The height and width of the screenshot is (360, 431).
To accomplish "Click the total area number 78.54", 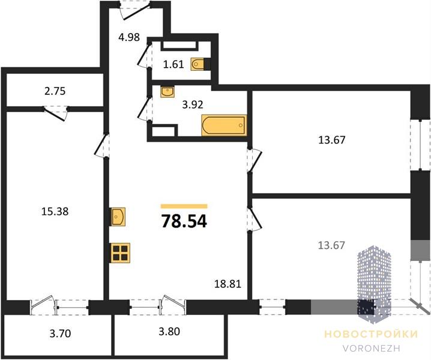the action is [184, 221].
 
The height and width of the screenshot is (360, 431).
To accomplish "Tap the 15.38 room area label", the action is [55, 211].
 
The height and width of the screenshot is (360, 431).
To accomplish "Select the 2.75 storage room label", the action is [55, 91].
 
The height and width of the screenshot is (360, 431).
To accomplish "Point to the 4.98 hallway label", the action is [129, 37].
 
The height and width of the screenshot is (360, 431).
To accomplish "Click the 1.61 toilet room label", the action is [173, 64].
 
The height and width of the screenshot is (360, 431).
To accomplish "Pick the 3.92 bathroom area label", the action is [193, 104].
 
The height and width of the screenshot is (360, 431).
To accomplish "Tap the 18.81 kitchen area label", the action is [228, 284].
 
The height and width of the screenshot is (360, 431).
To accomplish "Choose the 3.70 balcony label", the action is [60, 334].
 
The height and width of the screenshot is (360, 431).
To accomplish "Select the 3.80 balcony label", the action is [169, 331].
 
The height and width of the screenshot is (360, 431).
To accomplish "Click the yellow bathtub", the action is [224, 125].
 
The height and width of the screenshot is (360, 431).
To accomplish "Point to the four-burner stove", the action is [121, 253].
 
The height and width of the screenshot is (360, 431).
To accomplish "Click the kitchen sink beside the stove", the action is [118, 217].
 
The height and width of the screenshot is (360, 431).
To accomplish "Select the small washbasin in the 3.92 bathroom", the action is [167, 91].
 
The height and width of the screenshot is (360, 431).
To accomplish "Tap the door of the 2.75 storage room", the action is [56, 113].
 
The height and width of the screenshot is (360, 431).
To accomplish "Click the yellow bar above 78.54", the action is [184, 206].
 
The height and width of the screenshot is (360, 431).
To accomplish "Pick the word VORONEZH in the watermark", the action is [372, 348].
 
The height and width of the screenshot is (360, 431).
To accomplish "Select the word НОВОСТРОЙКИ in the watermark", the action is [372, 334].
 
